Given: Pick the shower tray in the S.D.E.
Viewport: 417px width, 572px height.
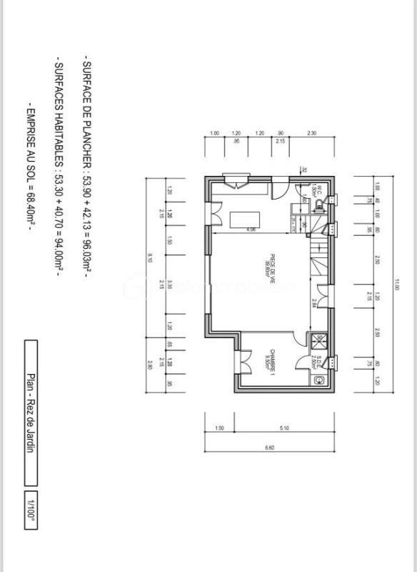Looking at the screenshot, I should pyautogui.click(x=319, y=340).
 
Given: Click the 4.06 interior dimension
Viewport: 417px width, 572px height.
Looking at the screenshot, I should pyautogui.click(x=251, y=230).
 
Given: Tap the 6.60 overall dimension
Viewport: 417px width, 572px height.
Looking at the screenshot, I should pyautogui.click(x=269, y=447).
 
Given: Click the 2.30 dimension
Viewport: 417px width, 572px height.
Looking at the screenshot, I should pyautogui.click(x=312, y=134).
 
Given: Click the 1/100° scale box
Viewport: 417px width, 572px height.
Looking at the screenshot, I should pyautogui.click(x=31, y=509).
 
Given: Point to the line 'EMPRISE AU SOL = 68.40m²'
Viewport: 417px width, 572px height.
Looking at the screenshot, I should pyautogui.click(x=30, y=171).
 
